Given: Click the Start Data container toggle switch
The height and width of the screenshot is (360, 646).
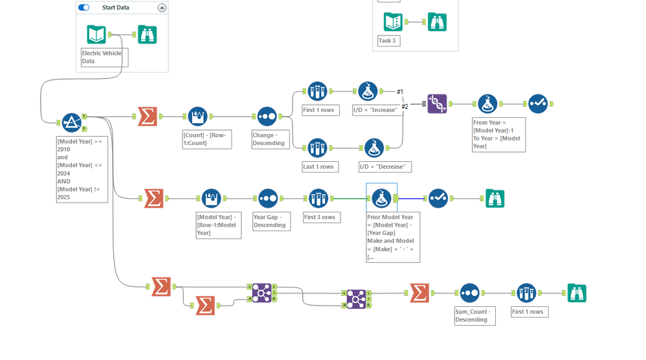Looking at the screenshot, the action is pos(84,7).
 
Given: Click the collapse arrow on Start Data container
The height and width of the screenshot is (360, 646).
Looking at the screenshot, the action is pos(162,8).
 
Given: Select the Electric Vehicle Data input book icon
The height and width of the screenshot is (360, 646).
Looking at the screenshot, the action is pos(96,34).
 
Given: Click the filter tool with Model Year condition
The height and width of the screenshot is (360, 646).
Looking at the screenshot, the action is pos(72,122).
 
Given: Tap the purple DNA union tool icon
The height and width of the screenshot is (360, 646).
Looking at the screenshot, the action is pos(437,104).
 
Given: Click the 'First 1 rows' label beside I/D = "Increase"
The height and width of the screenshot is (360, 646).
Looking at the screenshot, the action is pos(319,110).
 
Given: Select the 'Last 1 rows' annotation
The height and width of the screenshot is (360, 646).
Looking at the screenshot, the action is pos(318,167).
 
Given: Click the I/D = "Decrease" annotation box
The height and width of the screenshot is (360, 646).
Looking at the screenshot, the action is pos(383,167).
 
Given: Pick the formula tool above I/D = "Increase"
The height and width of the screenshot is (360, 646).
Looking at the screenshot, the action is pos(368,91).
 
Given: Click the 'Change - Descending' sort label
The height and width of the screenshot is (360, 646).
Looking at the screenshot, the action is pos(269,139).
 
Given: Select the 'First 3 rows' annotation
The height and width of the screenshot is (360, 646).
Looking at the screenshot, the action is pos(320,218).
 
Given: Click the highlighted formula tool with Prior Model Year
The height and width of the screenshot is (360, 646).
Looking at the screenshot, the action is pos(381,199).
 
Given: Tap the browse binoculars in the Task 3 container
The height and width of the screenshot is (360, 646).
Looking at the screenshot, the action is pos(437,22).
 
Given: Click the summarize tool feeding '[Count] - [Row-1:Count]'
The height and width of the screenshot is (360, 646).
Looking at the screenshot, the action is pos(148,117).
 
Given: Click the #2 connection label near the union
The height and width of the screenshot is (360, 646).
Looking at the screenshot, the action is pos(405,107).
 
